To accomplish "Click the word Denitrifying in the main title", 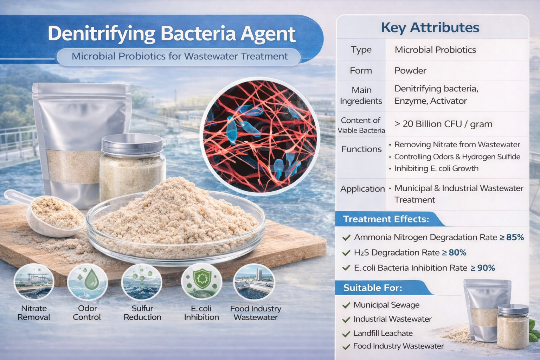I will [101, 34].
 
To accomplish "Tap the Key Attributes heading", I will [430, 27].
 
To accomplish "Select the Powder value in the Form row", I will [410, 71].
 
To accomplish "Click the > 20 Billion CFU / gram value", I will [443, 124].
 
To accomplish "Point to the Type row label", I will [361, 50].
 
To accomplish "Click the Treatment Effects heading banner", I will [386, 219].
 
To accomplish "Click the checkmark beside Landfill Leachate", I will [346, 334].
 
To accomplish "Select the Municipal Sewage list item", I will [386, 305].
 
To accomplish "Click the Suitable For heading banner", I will [373, 288].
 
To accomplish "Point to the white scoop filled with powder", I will [53, 214].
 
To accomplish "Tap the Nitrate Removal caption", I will [34, 313].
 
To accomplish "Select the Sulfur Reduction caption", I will [142, 313].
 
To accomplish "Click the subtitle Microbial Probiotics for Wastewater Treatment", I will [179, 56].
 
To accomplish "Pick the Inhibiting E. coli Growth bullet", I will [436, 168].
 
